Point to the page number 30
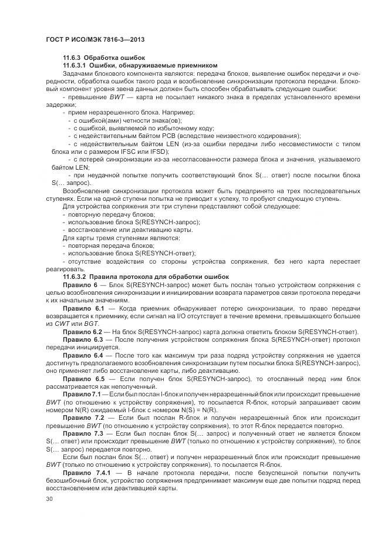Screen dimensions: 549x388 click(x=49, y=498)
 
